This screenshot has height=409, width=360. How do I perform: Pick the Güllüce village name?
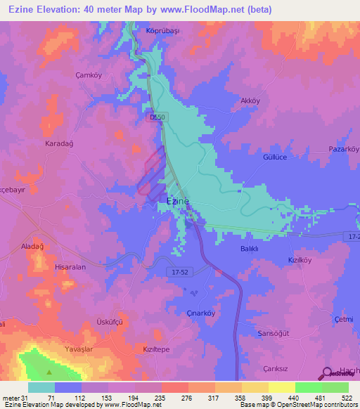coord(276,157)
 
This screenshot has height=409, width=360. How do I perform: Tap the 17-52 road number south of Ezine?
coord(181,271)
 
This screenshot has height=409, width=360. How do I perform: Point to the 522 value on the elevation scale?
coord(347,397)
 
